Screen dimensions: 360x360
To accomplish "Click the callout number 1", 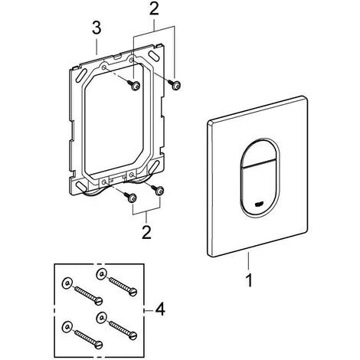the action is [x=249, y=280].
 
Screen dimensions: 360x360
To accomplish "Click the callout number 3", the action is [x=97, y=28].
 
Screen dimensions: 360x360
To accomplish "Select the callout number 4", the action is [x=160, y=309].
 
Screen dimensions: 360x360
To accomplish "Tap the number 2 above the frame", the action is [x=154, y=8].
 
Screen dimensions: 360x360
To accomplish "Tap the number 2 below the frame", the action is [x=146, y=232].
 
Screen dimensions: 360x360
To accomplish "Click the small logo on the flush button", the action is [x=259, y=204].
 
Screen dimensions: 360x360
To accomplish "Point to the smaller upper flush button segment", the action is [x=259, y=154].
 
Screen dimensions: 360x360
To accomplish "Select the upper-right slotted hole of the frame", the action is [x=154, y=56].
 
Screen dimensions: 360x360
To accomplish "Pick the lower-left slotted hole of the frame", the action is [x=82, y=187].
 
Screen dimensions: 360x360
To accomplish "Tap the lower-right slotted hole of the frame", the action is [x=154, y=166].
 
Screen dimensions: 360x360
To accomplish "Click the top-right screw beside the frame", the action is [x=175, y=84].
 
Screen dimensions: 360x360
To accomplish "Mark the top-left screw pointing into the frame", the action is [x=133, y=84].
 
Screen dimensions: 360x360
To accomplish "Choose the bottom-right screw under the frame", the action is [x=158, y=189].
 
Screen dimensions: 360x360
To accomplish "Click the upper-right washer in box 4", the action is [x=101, y=274].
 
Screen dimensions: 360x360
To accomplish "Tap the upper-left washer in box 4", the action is [x=67, y=283].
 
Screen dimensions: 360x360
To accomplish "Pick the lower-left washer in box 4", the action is [x=67, y=326].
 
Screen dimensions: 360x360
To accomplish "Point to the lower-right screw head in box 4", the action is [x=133, y=335].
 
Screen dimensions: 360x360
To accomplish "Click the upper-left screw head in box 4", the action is [x=99, y=300].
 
